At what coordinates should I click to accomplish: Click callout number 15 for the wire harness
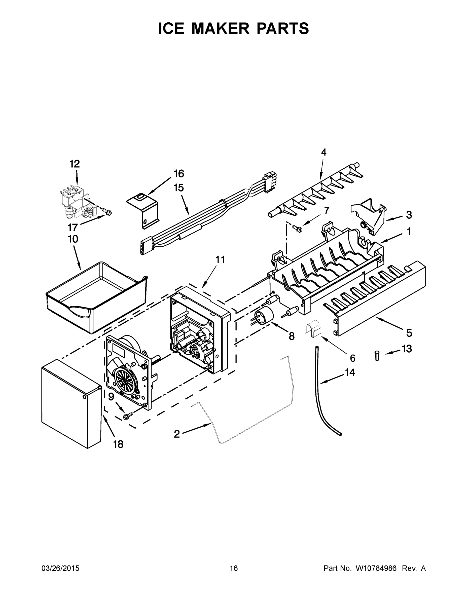(179, 188)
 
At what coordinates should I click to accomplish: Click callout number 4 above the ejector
(324, 152)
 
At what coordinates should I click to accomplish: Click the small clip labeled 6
(313, 329)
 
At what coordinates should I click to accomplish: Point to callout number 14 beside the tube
(350, 372)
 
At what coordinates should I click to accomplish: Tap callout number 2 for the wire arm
(177, 434)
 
